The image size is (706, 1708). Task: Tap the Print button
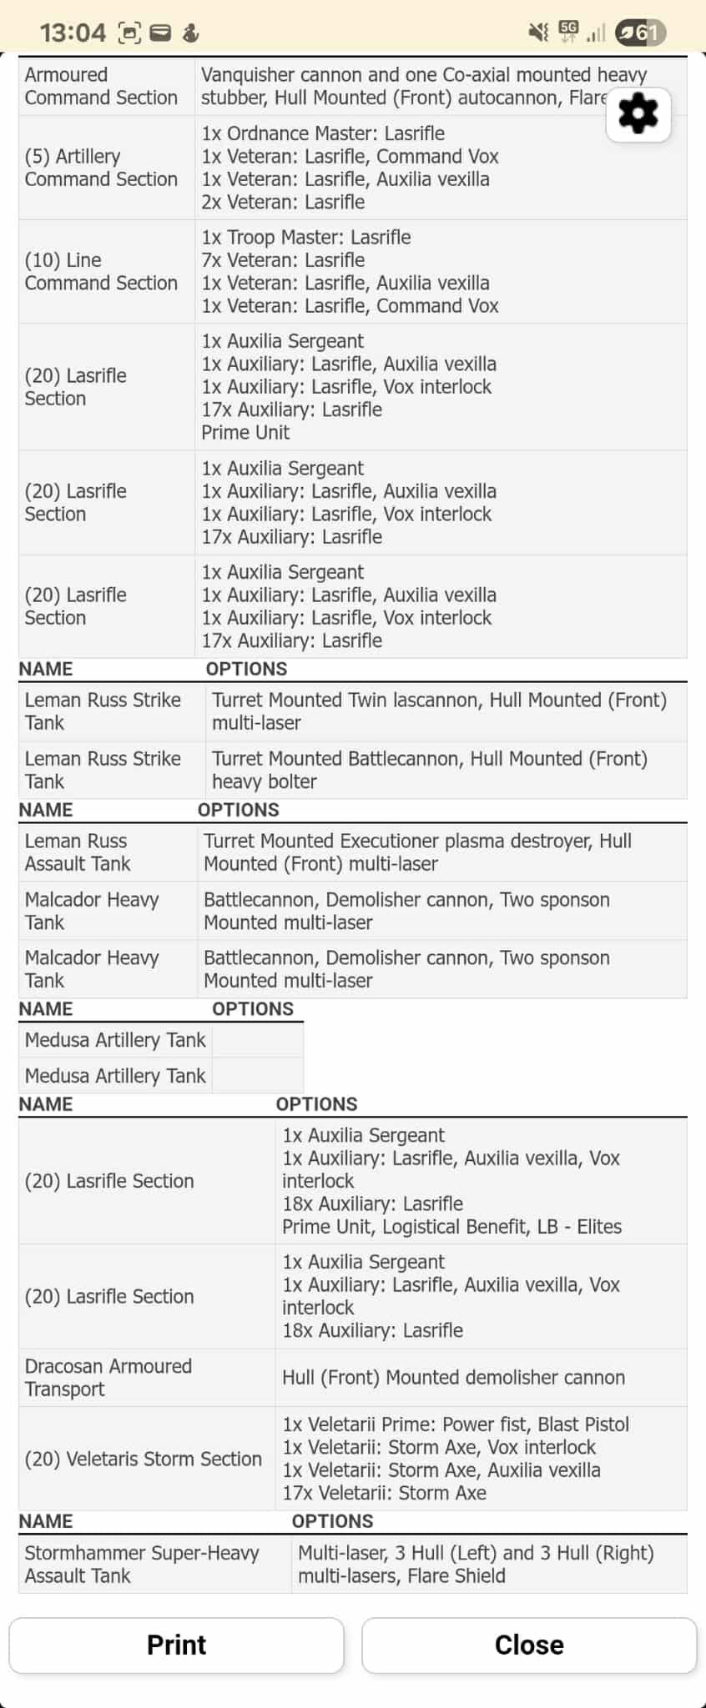point(176,1645)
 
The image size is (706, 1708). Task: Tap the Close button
point(529,1645)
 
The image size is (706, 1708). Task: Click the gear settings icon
point(638,114)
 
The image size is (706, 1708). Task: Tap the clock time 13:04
point(73,33)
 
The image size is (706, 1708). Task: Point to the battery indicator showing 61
point(640,33)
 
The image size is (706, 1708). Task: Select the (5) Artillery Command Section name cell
point(101,168)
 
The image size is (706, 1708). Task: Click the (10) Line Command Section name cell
point(101,271)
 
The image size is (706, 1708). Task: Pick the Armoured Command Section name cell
point(101,86)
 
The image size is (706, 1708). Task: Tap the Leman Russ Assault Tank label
point(78,852)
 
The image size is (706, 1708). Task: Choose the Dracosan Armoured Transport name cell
point(108,1377)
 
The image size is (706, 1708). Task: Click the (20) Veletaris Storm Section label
point(143,1459)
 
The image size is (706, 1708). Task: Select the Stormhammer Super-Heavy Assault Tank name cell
point(142,1564)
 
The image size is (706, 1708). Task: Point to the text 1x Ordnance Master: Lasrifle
point(323,133)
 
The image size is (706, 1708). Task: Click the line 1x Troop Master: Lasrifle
point(306,237)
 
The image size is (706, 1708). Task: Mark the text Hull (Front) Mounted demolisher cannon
point(453,1377)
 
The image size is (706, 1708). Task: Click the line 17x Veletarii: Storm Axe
point(384,1493)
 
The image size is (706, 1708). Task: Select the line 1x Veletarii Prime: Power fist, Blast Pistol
point(456,1424)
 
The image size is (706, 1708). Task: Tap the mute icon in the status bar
point(538,33)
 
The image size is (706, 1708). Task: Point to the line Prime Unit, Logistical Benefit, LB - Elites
point(451,1227)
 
